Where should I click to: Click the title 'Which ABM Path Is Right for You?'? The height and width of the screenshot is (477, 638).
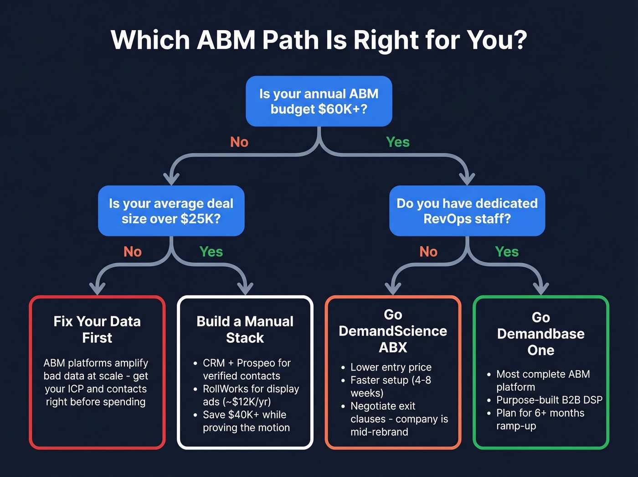(x=319, y=40)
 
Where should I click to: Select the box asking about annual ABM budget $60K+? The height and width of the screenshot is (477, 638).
(x=319, y=101)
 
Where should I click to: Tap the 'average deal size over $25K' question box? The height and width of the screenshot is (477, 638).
(x=171, y=211)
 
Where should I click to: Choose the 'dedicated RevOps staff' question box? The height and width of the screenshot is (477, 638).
(x=467, y=211)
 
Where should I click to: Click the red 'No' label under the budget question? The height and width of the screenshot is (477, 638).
(x=239, y=142)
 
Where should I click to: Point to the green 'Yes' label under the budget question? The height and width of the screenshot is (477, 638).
(x=397, y=142)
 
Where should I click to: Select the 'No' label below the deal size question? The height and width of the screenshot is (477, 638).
(x=133, y=252)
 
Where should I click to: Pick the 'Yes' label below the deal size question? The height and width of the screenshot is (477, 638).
(x=211, y=252)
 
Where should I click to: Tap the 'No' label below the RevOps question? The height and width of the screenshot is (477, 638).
(x=428, y=252)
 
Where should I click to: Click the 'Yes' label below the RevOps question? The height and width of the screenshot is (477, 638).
(x=507, y=252)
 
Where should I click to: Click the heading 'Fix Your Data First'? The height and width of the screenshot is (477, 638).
(x=97, y=330)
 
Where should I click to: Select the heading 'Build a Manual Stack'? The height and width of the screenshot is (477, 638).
(x=245, y=330)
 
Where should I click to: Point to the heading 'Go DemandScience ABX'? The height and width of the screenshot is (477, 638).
(x=393, y=331)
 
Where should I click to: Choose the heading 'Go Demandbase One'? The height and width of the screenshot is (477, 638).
(x=540, y=334)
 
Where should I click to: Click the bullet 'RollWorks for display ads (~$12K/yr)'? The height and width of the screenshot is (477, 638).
(x=251, y=395)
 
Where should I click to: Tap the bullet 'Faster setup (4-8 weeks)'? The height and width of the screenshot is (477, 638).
(x=390, y=386)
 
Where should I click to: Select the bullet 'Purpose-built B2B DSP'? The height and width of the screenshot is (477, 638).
(x=549, y=400)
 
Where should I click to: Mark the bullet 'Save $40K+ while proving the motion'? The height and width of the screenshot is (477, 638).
(x=246, y=421)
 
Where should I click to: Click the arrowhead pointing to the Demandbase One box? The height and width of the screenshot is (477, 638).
(x=541, y=289)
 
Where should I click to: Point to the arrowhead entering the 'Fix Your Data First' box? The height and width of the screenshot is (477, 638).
(x=98, y=289)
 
